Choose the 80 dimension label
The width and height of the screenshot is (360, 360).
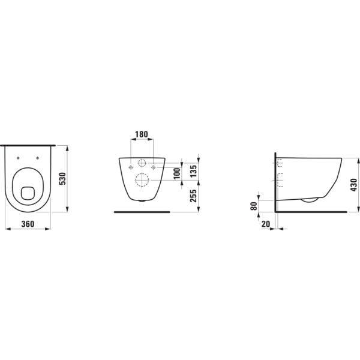[254, 206]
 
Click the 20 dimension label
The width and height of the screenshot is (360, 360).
[266, 223]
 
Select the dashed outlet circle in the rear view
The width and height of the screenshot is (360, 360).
[143, 179]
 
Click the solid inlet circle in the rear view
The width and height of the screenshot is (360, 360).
[143, 164]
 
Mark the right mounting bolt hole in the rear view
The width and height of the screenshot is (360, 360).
[154, 166]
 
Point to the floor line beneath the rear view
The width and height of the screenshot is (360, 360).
[143, 211]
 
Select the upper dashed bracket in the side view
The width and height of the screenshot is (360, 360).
[279, 162]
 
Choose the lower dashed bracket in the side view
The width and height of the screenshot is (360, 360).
[279, 178]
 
